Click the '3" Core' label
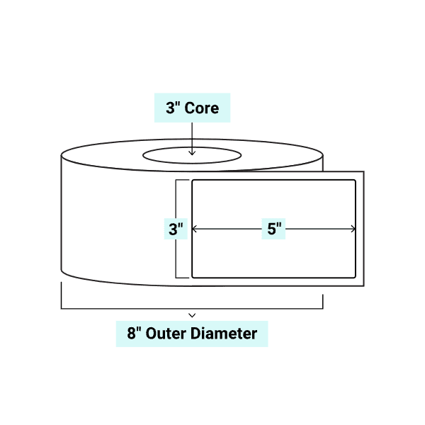[x=192, y=109]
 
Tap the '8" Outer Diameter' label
[x=191, y=333]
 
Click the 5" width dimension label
[x=274, y=229]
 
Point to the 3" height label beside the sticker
[x=176, y=229]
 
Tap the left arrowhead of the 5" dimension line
[x=195, y=229]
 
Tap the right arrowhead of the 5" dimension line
[x=353, y=229]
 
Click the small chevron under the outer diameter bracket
[x=192, y=313]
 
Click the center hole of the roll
[x=192, y=155]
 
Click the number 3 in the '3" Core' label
[x=170, y=109]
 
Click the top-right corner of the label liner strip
[x=363, y=172]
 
